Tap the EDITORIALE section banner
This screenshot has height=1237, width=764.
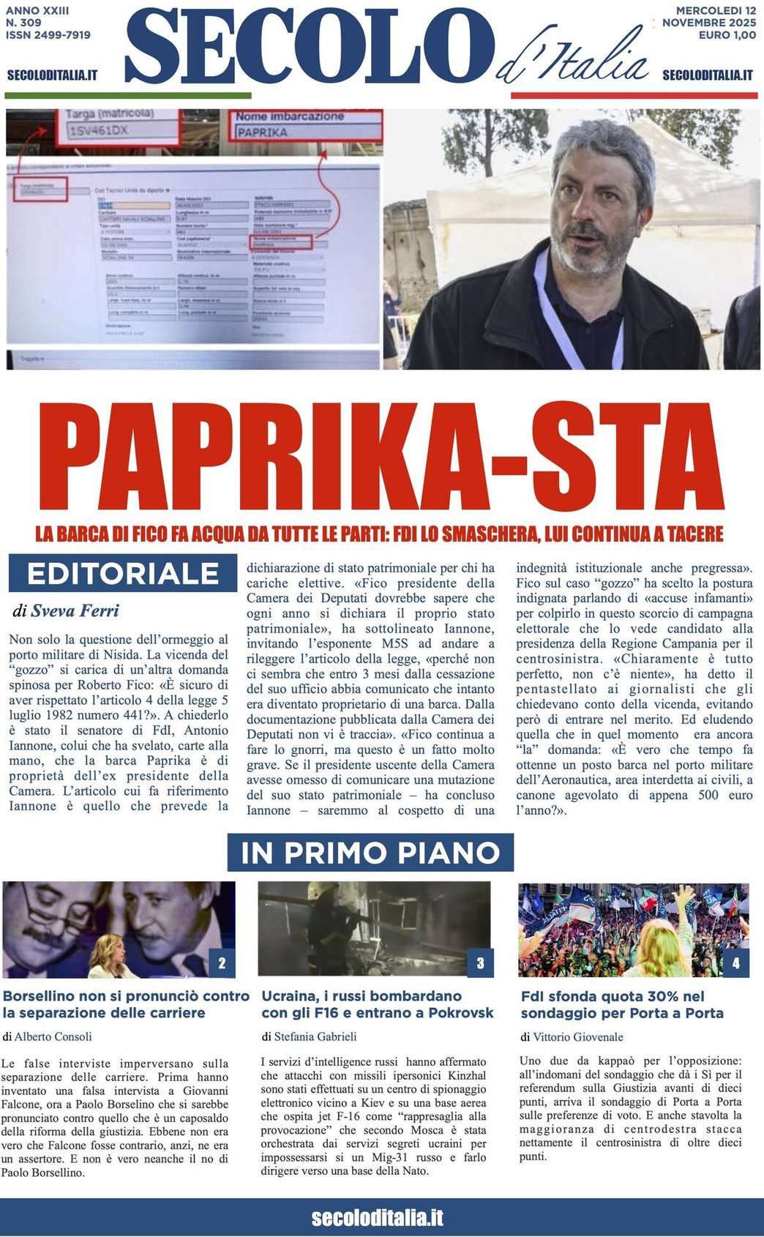coord(123,573)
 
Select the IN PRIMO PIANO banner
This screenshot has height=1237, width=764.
coord(370,853)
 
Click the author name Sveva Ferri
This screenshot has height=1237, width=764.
coord(75,610)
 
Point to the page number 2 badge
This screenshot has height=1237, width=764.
coord(222,963)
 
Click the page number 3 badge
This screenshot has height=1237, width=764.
coord(480,963)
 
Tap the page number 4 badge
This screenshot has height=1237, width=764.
coord(735,963)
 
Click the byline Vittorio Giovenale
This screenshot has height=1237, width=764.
coord(577,1036)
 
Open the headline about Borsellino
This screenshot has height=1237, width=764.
coord(126,1004)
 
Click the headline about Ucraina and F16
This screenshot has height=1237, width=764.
coord(378,1004)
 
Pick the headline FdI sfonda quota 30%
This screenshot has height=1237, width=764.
coord(622,1004)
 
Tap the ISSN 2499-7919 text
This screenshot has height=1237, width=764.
coord(48,34)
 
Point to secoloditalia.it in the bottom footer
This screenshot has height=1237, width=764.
coord(378,1218)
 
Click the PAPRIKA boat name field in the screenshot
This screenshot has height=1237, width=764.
coord(307,132)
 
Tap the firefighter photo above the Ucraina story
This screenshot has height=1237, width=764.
coord(375,928)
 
